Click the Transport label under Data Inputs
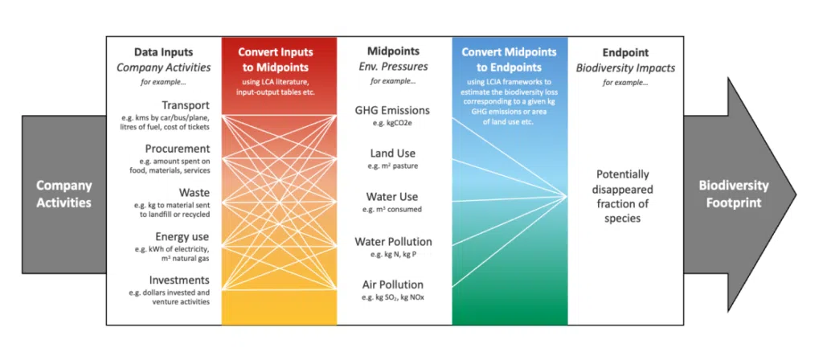pos(186,104)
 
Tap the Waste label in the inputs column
pos(194,193)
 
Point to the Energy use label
pos(182,237)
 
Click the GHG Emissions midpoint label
pos(392,110)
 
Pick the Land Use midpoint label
pos(392,153)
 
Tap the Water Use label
pos(392,197)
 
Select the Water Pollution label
pos(393,241)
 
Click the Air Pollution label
pos(392,284)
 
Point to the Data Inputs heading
pos(164,52)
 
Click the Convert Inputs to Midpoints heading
pos(276,59)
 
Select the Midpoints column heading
pos(392,52)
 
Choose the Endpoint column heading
pos(625,52)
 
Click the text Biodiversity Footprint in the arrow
pos(733,194)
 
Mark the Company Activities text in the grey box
pos(64,194)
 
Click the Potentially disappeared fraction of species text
pos(622,196)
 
